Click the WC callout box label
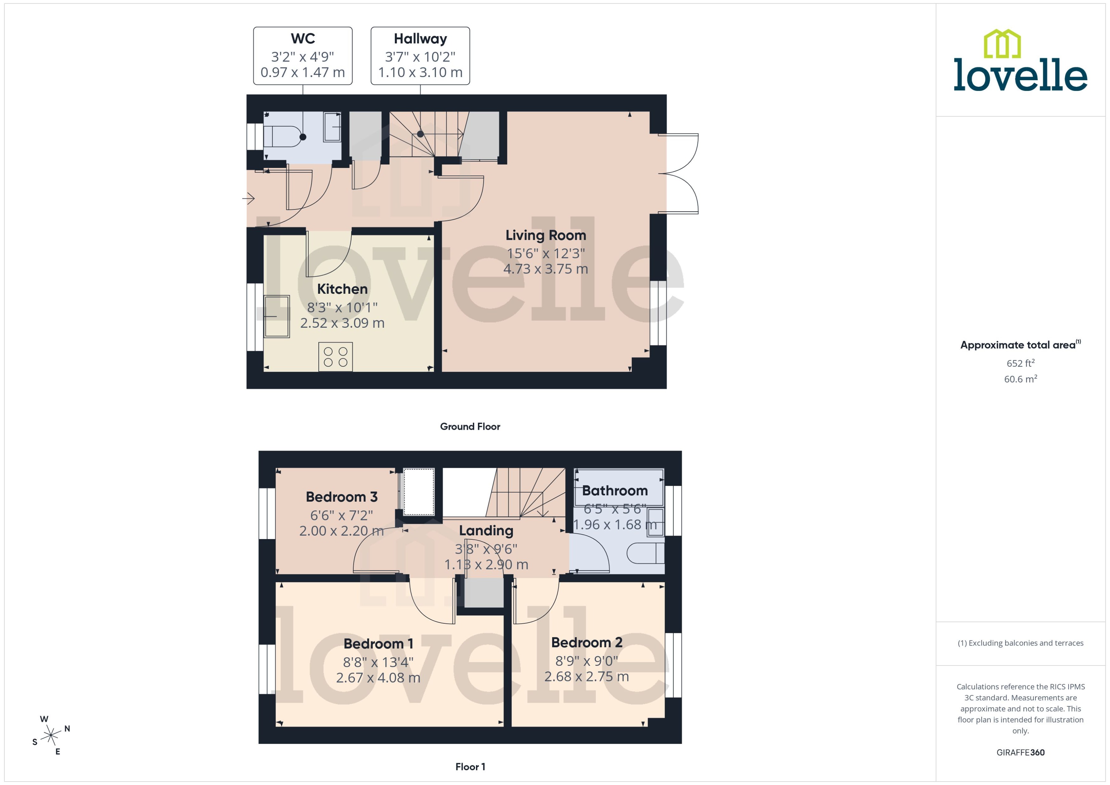click(303, 39)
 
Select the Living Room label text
click(545, 235)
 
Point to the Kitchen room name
click(342, 289)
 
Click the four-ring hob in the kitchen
click(336, 357)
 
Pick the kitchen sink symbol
click(277, 316)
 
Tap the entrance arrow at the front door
click(249, 198)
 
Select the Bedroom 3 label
click(342, 497)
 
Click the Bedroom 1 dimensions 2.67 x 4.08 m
click(378, 678)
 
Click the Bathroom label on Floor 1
click(614, 491)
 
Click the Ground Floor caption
click(470, 426)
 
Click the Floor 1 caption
click(470, 767)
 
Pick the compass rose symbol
click(51, 736)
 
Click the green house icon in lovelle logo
click(1002, 44)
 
